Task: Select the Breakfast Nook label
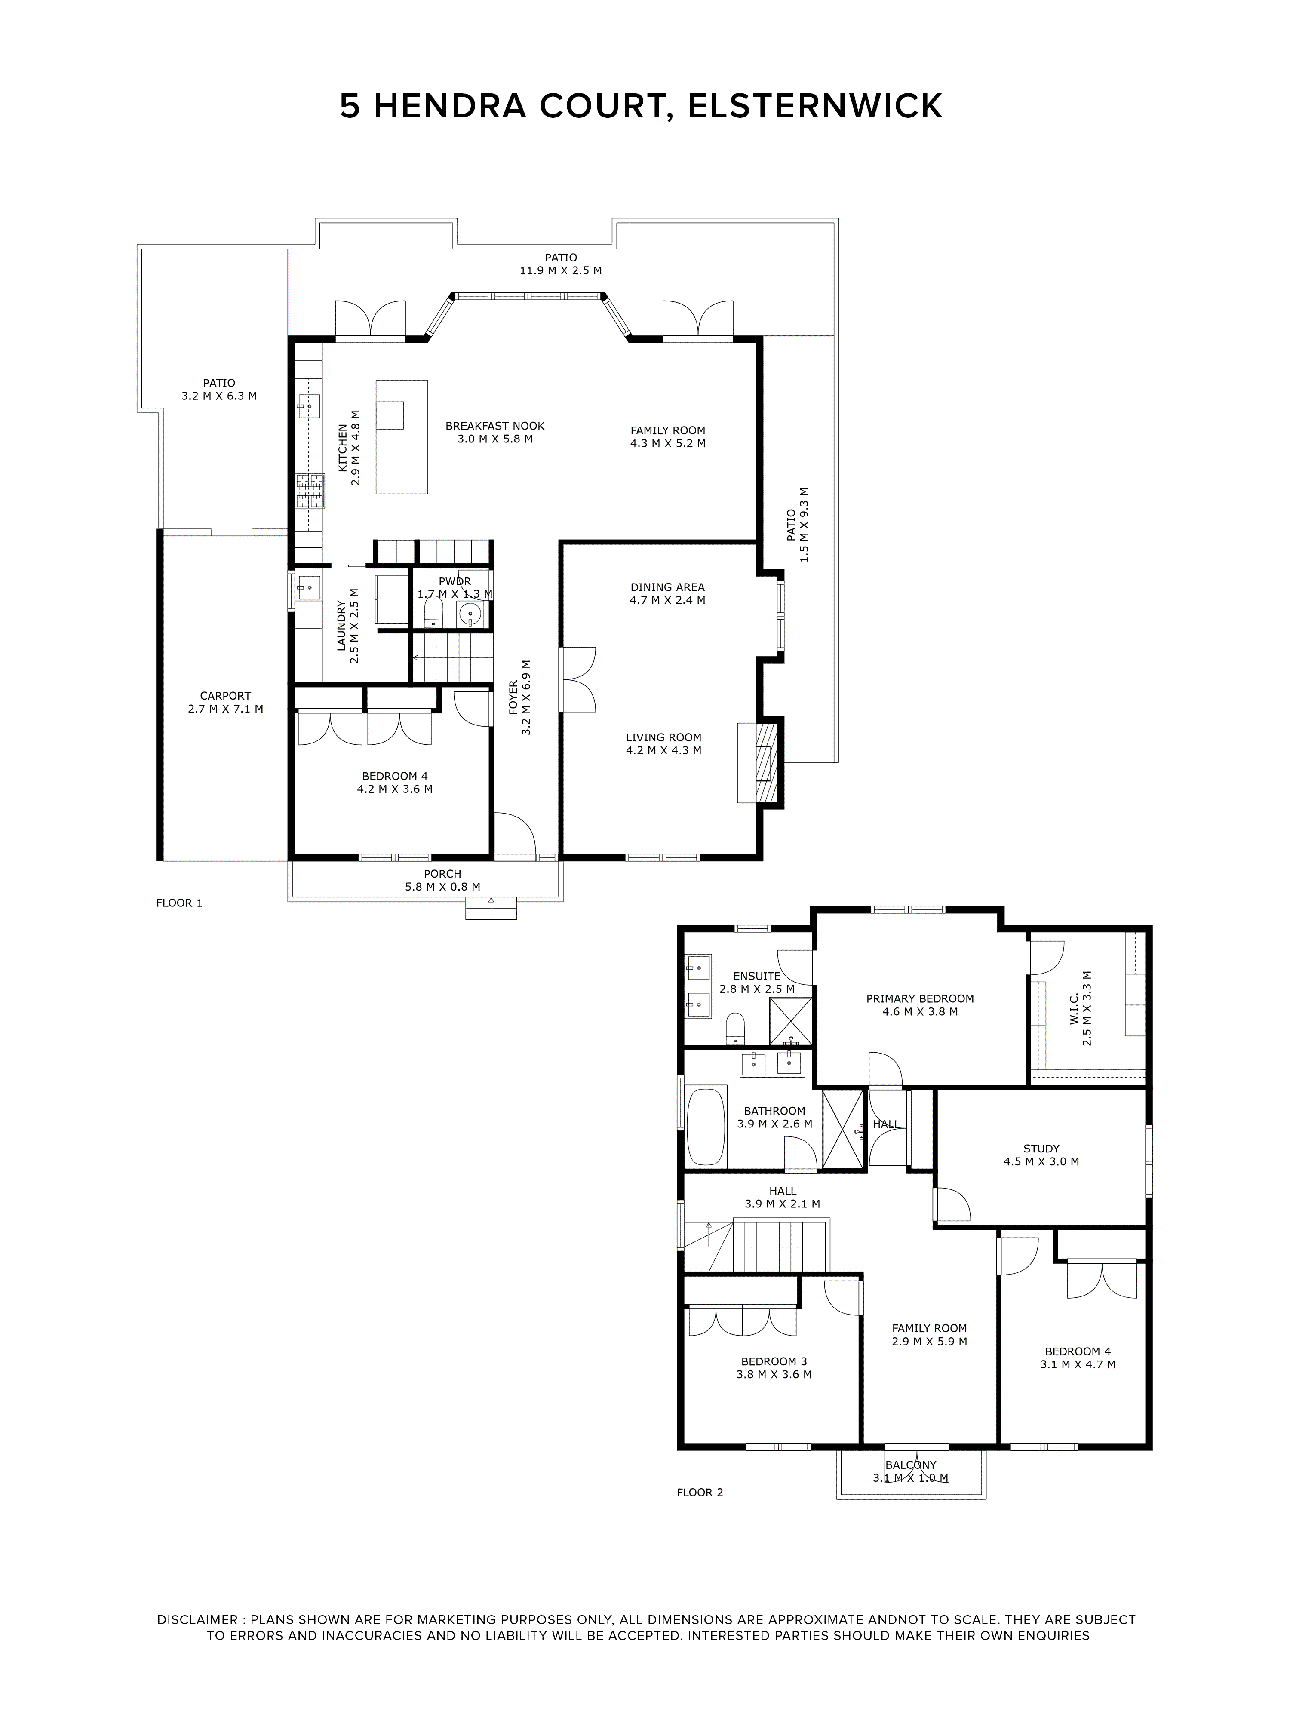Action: [x=494, y=426]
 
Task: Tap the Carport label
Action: [x=225, y=696]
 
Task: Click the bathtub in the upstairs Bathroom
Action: [x=705, y=1127]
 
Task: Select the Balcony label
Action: [x=911, y=1465]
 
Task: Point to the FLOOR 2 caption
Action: [x=700, y=1492]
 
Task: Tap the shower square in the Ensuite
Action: [x=791, y=1021]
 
